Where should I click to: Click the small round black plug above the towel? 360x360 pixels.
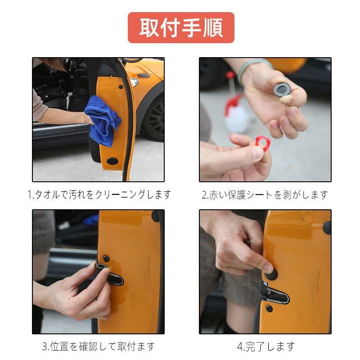[120, 85]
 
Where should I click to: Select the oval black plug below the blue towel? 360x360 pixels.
[112, 160]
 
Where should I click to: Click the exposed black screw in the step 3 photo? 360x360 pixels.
[107, 258]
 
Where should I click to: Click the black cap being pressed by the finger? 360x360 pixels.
[269, 268]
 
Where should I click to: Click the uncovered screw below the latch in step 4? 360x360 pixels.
[269, 309]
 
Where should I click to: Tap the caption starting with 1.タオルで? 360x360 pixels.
[99, 194]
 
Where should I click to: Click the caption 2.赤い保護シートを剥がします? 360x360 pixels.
[265, 194]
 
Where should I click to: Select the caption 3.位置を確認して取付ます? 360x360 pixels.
[99, 346]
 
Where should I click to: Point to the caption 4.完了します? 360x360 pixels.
[266, 346]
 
